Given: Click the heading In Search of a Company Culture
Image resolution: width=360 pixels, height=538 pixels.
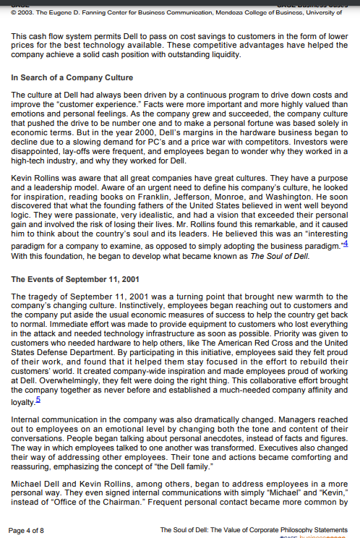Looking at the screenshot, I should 72,77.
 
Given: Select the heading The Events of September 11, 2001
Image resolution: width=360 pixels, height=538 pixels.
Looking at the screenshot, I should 75,278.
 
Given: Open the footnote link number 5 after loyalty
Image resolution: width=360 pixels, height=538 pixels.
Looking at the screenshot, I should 38,398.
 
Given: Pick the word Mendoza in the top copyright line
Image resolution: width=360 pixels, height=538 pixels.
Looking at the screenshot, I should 225,12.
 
